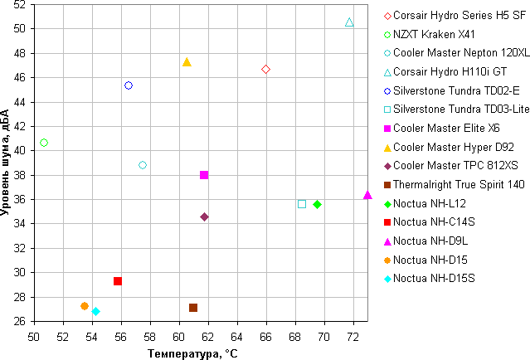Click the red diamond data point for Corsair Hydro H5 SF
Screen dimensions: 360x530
pos(265,70)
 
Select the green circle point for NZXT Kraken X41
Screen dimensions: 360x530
pos(44,143)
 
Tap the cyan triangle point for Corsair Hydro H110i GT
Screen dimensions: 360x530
pos(349,22)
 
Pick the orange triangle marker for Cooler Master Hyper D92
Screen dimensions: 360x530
pos(187,62)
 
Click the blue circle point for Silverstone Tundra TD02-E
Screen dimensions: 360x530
pos(129,85)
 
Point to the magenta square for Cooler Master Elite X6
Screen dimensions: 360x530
pos(204,175)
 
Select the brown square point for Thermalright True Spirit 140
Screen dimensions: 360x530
pos(193,308)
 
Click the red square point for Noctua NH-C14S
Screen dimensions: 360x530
pos(118,281)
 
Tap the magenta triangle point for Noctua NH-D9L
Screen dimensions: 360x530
pos(367,195)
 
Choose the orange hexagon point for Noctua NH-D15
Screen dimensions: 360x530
pos(85,306)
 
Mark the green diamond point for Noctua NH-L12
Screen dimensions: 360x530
pos(317,204)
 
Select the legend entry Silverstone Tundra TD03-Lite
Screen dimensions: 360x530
pos(461,109)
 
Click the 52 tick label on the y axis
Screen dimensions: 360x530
pos(19,4)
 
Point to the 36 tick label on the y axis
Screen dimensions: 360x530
pos(19,199)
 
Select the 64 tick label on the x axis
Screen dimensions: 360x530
pos(237,337)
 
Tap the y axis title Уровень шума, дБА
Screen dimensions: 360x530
pos(7,163)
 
